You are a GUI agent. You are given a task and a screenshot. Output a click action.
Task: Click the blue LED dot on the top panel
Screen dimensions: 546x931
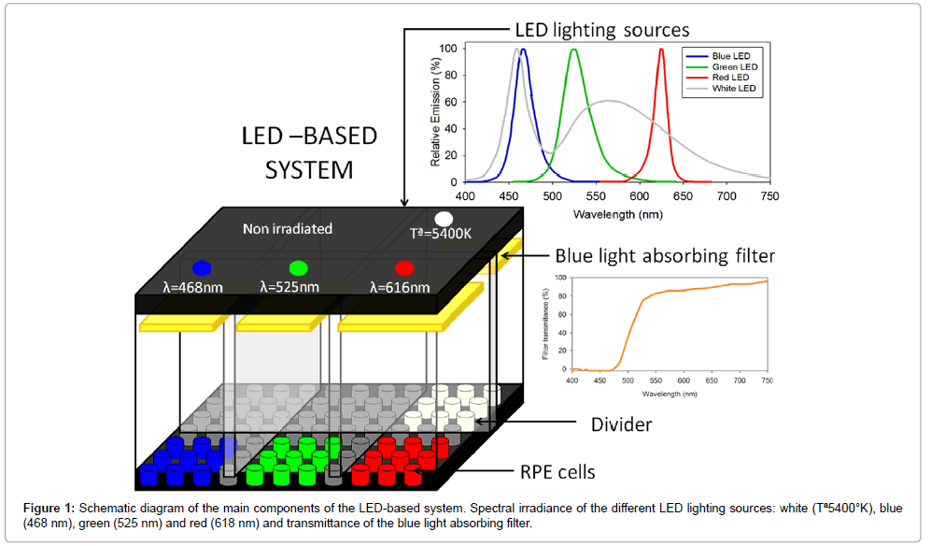(x=201, y=267)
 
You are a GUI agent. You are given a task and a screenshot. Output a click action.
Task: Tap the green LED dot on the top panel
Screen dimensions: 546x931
(x=299, y=268)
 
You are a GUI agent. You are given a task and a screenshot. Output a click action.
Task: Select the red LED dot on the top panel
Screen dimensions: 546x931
(x=403, y=268)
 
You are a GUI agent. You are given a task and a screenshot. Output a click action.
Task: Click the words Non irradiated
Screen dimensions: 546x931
(x=287, y=229)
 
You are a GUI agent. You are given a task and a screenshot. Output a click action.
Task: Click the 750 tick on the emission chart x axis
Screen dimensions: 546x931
(x=770, y=196)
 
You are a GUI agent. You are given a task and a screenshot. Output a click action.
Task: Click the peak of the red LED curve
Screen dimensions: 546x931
(x=661, y=50)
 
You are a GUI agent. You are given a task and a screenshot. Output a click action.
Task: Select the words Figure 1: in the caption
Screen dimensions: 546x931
(x=52, y=507)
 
